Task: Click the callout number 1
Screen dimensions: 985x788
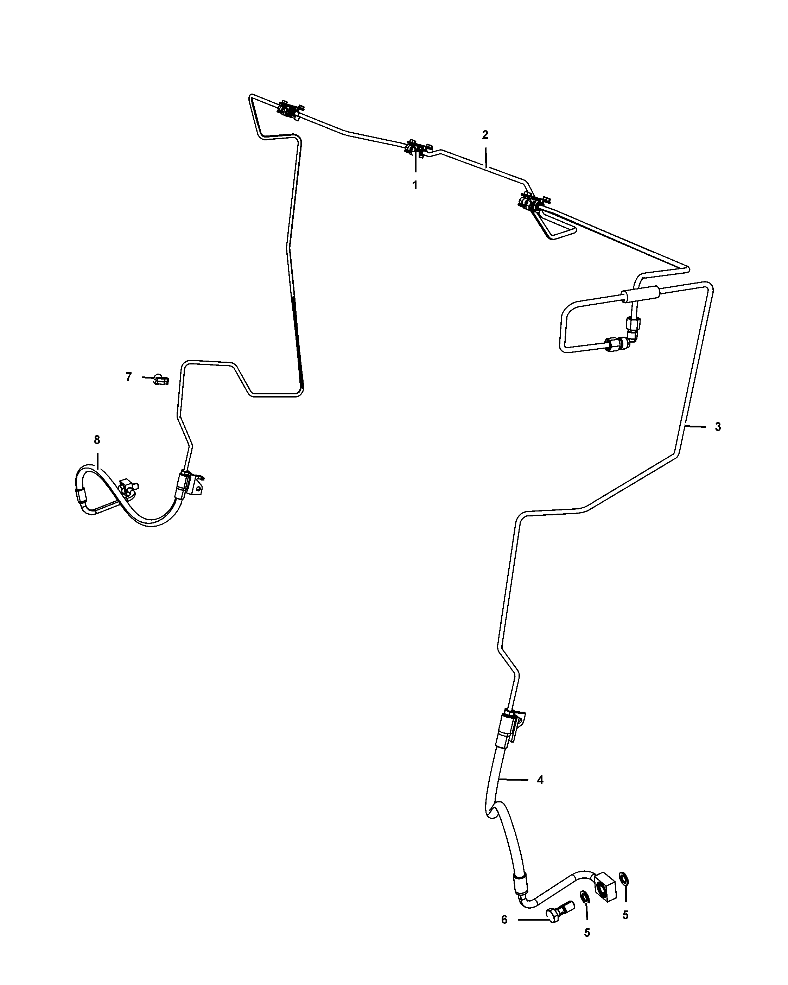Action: (x=415, y=185)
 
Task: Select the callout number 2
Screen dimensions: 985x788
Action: (x=485, y=135)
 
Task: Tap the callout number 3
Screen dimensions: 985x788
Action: (x=718, y=427)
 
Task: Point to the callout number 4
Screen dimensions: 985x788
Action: (x=540, y=780)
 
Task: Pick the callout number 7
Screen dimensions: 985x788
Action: (x=128, y=377)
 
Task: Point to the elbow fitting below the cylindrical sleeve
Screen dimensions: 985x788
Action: (x=633, y=336)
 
